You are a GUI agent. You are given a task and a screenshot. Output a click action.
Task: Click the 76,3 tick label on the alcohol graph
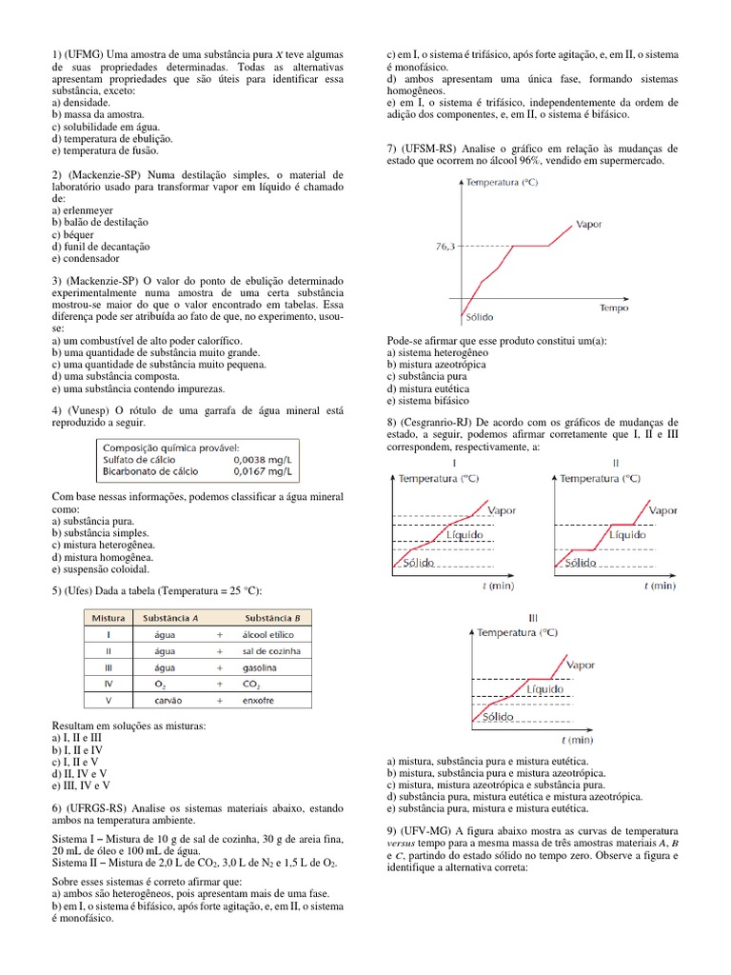(x=445, y=246)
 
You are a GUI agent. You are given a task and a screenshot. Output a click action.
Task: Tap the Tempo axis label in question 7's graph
(x=614, y=308)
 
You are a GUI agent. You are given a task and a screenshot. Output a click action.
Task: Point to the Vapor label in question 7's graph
(x=588, y=225)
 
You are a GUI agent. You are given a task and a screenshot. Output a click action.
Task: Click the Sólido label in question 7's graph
(x=480, y=317)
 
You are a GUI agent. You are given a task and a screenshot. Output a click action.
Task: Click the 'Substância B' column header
(x=271, y=617)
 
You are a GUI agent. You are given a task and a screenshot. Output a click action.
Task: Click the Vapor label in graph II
(x=662, y=510)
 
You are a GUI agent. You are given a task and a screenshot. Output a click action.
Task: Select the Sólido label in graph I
(x=418, y=563)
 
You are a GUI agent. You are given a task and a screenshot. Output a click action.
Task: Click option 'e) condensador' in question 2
(x=86, y=258)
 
